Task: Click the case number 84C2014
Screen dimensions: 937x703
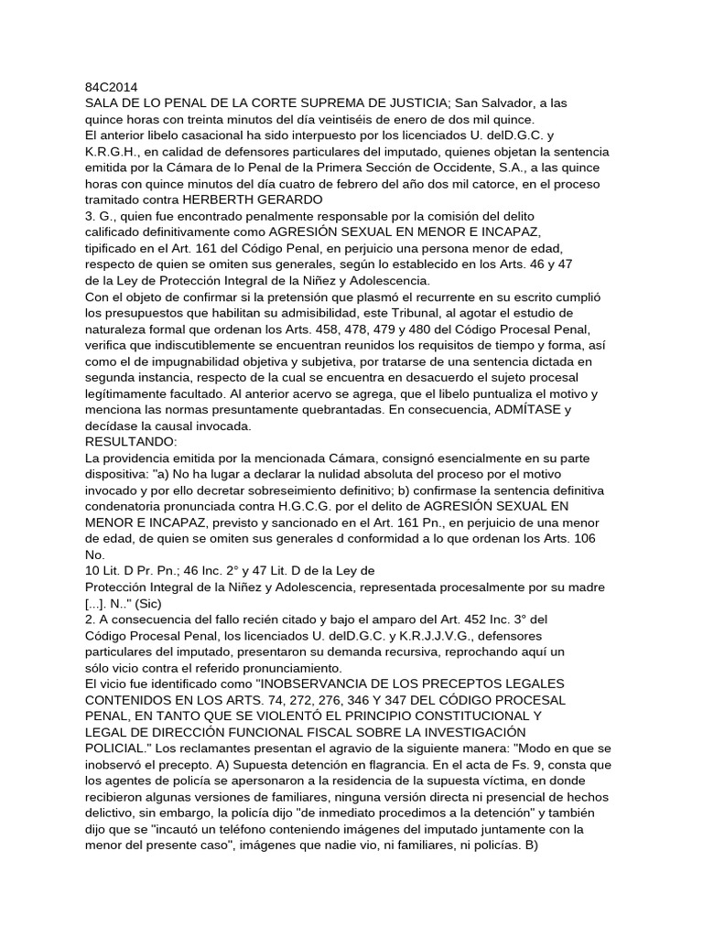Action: coord(112,89)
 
